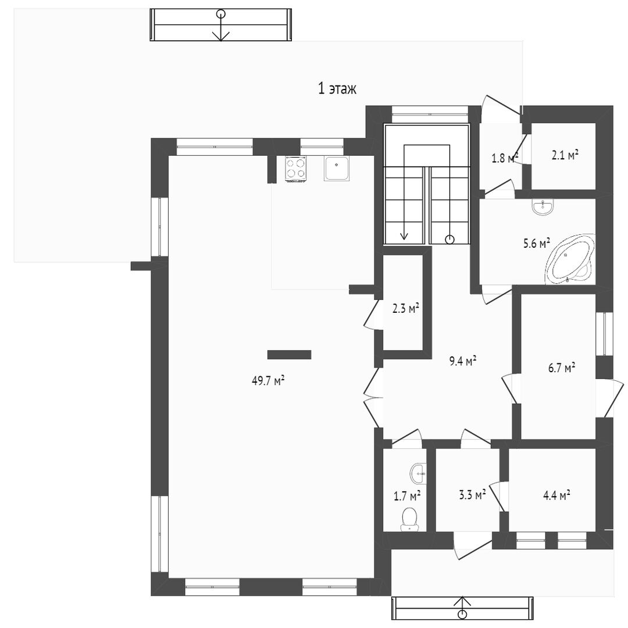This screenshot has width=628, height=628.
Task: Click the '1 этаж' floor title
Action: point(337,88)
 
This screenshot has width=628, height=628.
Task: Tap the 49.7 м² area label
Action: point(268,380)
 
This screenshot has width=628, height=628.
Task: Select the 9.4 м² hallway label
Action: point(463,361)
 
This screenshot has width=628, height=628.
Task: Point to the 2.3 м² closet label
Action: point(405,308)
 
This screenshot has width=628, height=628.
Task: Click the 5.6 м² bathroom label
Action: point(536,243)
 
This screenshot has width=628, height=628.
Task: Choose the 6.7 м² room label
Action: point(562,367)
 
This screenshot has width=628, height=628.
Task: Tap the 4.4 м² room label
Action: point(556,495)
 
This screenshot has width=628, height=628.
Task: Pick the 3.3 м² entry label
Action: point(472,495)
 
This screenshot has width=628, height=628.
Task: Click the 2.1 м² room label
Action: point(565,155)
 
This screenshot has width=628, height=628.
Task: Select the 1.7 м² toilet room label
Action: point(407,497)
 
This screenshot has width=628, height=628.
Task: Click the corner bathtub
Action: point(570,259)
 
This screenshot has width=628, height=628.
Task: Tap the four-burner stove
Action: point(296,168)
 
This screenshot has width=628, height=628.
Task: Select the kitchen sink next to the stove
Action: point(337,168)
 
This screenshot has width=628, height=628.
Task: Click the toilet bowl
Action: point(409,519)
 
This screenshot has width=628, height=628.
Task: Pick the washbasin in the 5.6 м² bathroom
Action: point(543,207)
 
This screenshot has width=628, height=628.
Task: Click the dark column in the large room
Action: point(289,355)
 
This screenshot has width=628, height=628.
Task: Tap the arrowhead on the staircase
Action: point(404,235)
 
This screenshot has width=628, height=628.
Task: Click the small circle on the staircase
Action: point(450,240)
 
